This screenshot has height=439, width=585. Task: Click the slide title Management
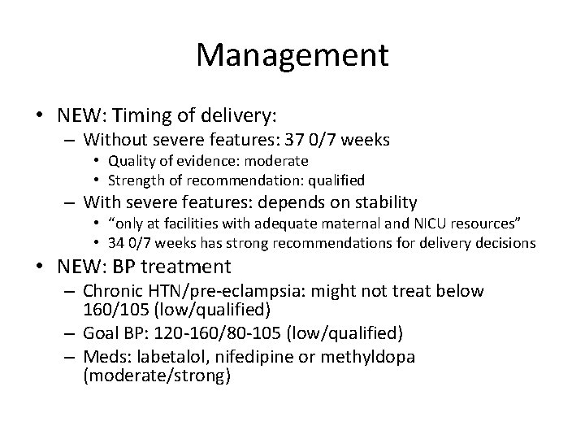click(292, 54)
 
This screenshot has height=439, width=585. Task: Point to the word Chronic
click(114, 290)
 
